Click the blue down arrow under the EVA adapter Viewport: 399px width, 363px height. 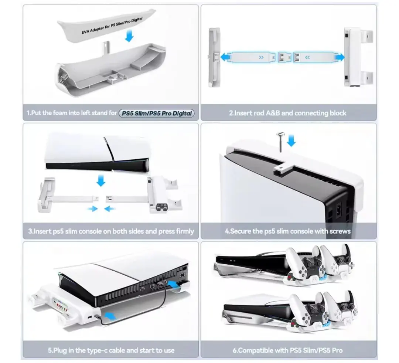(129, 35)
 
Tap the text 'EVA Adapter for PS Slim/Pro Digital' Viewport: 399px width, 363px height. (112, 26)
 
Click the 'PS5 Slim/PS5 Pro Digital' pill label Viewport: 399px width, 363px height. (157, 113)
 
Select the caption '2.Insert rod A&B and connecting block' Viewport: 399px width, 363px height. (287, 113)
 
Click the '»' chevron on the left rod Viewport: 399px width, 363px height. (261, 57)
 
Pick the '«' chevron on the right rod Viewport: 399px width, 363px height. (307, 57)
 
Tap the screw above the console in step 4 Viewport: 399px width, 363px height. (280, 142)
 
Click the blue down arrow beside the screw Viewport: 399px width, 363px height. (291, 141)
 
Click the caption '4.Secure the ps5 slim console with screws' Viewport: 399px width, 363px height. (287, 231)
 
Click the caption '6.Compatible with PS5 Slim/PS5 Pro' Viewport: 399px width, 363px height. (287, 350)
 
